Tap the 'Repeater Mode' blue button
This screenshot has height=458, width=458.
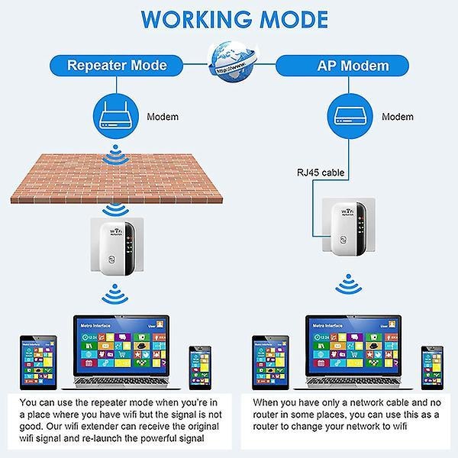[116, 65]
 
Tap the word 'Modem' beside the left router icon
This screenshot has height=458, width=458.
[162, 117]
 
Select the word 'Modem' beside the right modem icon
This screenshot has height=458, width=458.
[397, 117]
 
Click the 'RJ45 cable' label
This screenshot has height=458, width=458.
[321, 173]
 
